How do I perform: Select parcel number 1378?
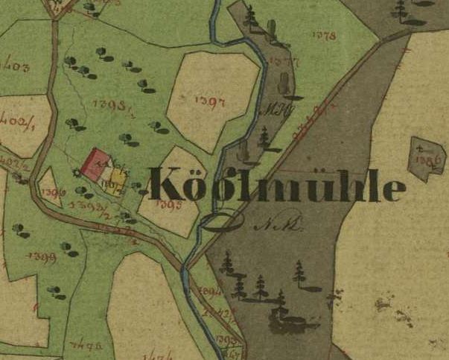pyautogui.click(x=325, y=35)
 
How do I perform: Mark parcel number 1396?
pyautogui.click(x=51, y=192)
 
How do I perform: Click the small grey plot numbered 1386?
pyautogui.click(x=430, y=158)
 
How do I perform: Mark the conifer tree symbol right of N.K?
pyautogui.click(x=299, y=274)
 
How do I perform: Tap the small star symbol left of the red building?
pyautogui.click(x=75, y=173)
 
